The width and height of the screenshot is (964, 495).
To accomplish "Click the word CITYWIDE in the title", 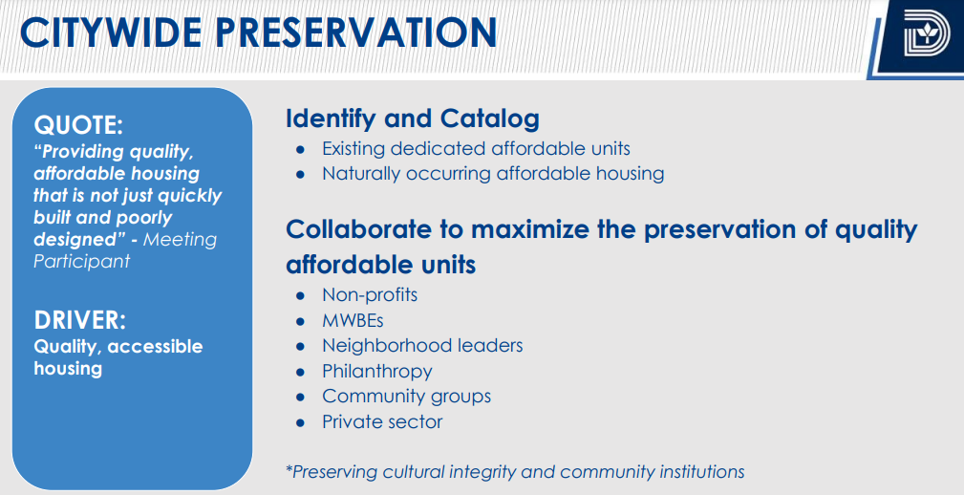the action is tap(111, 32).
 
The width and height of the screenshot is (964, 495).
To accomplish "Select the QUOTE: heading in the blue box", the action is tap(78, 125).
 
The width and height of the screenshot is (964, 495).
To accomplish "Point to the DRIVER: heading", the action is tap(80, 320).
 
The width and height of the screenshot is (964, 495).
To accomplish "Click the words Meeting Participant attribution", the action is tap(125, 249).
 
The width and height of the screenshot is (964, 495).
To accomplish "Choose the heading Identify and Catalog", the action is tap(413, 118).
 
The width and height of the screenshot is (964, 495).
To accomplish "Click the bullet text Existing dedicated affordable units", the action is tap(477, 149).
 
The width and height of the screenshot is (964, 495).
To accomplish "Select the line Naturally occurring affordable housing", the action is tap(493, 174).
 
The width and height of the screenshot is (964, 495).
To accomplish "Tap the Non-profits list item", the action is tap(370, 295).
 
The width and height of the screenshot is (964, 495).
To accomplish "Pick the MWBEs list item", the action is tap(353, 320).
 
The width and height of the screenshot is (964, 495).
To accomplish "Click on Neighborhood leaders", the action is tap(422, 346).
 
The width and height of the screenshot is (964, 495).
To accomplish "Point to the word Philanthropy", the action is tap(376, 372).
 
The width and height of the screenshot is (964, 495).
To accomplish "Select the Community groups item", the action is tap(406, 396).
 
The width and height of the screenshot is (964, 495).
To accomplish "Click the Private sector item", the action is tap(382, 421).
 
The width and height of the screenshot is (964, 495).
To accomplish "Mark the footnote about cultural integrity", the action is tap(515, 472).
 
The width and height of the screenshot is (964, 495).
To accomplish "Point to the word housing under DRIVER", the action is tap(68, 369).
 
